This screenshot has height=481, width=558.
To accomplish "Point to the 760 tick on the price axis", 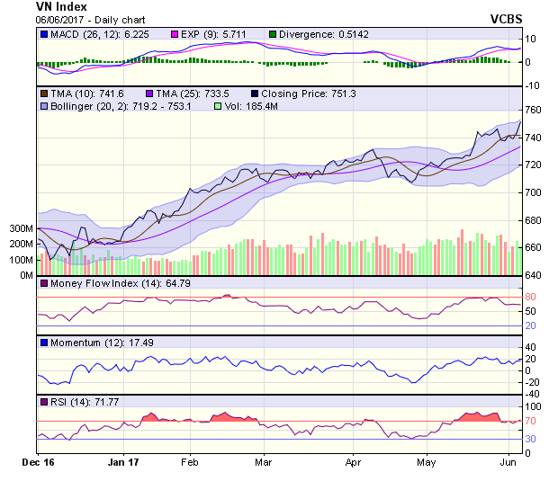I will point(534,110).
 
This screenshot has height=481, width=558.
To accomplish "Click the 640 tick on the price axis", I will point(534,275).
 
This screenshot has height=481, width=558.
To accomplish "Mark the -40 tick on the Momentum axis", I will point(532,394).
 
